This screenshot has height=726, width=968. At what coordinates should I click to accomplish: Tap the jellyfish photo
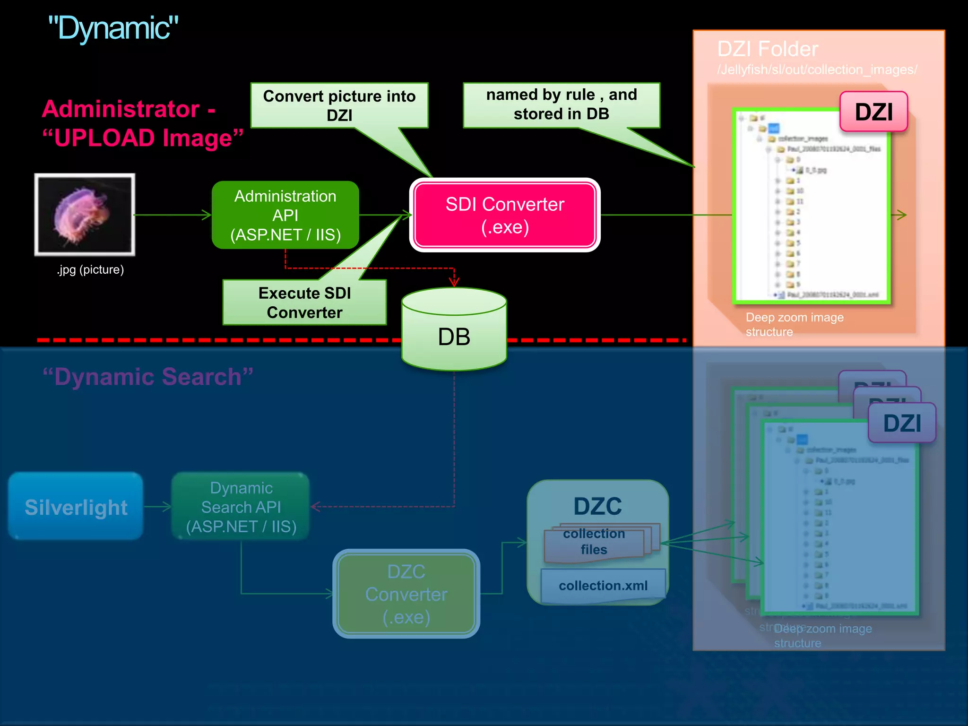coord(85,215)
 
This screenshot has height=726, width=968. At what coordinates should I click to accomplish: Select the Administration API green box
coord(285,215)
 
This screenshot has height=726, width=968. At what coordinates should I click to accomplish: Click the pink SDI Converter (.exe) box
coord(505,215)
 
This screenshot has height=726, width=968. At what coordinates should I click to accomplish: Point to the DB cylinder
coord(454,336)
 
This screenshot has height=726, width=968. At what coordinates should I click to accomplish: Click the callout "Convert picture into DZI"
coord(339,105)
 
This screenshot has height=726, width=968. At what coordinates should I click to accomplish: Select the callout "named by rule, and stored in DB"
coord(562,104)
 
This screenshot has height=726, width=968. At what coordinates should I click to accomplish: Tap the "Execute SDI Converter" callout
coord(304,302)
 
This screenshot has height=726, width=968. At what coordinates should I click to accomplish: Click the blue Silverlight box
coord(76,507)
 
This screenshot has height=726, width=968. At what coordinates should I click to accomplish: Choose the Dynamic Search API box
coord(241,507)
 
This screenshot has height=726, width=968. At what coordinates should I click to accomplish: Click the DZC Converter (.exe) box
coord(406,594)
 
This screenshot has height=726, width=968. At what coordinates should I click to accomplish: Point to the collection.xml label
coord(603,586)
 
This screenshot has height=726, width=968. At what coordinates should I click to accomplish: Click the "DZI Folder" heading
coord(768,49)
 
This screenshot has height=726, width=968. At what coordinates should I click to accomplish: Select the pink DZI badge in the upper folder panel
coord(873,112)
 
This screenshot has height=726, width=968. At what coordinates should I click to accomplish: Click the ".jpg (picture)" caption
coord(90,269)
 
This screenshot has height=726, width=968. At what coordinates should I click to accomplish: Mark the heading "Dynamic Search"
coord(148,377)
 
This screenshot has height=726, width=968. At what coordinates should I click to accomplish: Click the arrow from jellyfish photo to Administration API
coord(173,215)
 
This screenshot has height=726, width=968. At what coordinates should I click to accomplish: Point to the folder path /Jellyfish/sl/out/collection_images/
coord(817,70)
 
